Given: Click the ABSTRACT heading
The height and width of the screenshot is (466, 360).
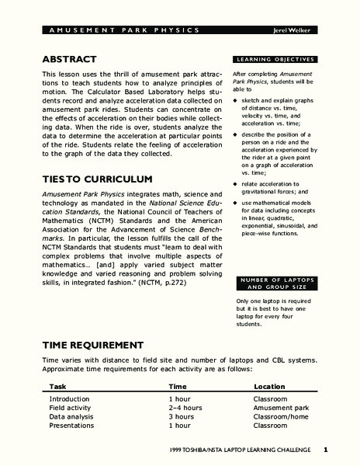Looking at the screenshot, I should point(68,58).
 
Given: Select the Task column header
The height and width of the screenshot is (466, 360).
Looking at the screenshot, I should point(57,386).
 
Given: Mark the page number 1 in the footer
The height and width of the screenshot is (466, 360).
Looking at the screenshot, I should point(327,450).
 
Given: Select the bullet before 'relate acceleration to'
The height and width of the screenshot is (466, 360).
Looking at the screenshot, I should point(236,205).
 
